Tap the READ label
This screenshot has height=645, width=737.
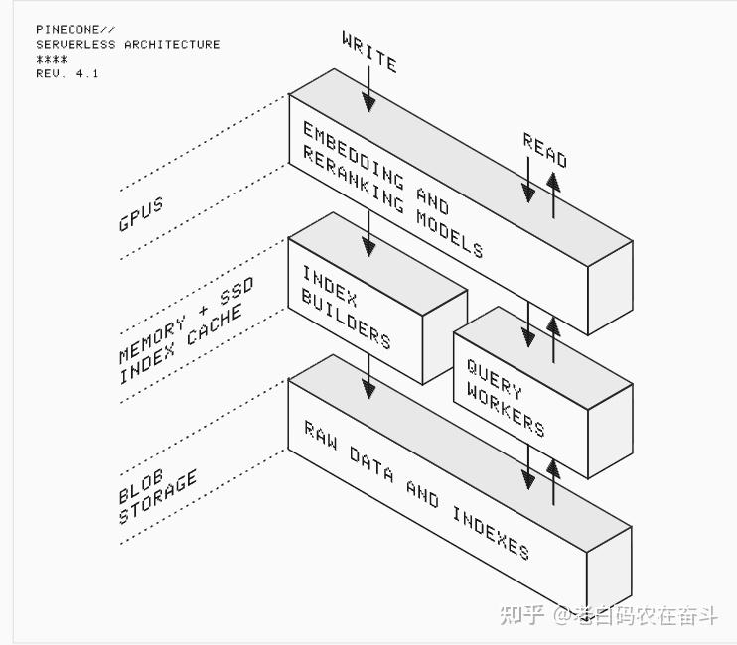pos(545,151)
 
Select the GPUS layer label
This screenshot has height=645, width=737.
pos(141,214)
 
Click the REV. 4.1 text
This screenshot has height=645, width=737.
pos(68,73)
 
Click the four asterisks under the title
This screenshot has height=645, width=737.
pos(52,60)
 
